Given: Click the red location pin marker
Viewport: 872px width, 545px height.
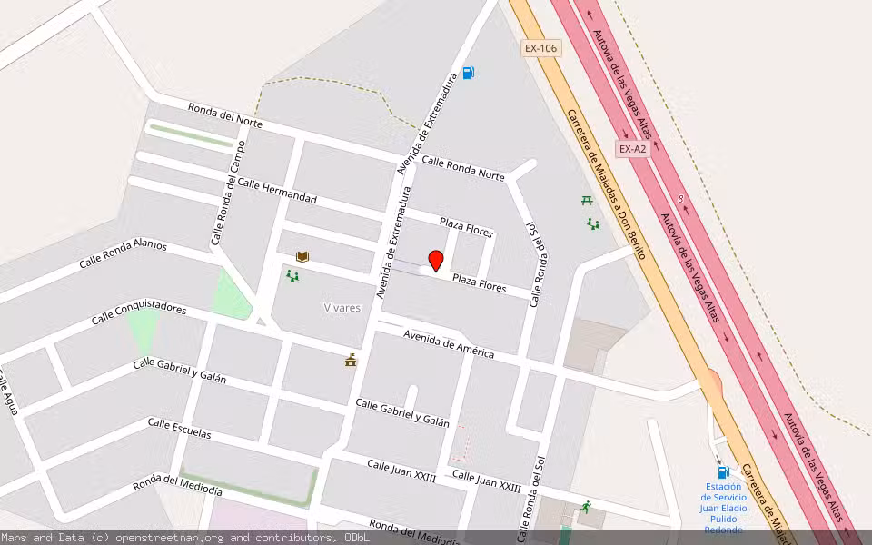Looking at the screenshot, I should [x=435, y=261].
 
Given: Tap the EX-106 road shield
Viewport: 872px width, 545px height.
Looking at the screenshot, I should [x=540, y=48].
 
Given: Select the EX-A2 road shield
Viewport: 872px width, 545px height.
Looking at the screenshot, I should [x=632, y=148].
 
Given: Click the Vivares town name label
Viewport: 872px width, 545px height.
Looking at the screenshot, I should [x=342, y=308].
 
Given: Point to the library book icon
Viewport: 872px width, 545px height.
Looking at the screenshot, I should [x=302, y=257].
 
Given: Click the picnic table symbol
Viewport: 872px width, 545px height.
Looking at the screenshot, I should [x=587, y=200].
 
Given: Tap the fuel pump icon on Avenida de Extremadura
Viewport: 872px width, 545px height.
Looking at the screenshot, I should [x=468, y=73].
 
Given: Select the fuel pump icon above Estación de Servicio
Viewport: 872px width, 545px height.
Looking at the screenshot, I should [x=723, y=472].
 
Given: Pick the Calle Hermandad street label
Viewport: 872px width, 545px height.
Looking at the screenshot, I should [x=277, y=191].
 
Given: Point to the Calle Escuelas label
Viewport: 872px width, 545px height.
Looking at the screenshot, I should [x=179, y=429].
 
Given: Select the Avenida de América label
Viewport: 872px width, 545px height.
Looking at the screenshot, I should [x=449, y=342].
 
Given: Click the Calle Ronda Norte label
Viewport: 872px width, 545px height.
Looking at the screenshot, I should [x=462, y=168].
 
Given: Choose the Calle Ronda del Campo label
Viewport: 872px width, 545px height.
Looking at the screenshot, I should [x=228, y=193].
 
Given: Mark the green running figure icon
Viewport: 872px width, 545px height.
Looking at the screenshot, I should [x=586, y=507].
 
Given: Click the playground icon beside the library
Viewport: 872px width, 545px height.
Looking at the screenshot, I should [x=292, y=275].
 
